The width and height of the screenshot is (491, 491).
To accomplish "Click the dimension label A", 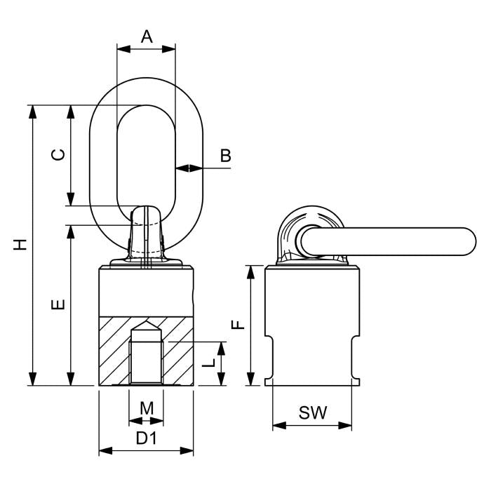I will pos(146,36).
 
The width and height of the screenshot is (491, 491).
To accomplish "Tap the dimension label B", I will pos(224,156).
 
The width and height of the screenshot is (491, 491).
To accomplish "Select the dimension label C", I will pos(60,154).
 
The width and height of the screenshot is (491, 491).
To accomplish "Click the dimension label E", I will pos(60,304).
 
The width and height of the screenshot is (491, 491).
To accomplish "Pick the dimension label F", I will pos(238,325).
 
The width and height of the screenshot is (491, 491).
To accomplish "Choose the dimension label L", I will pos(208,363).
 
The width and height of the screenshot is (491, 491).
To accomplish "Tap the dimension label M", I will pos(146,408).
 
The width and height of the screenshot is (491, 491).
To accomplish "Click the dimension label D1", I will pos(146,439).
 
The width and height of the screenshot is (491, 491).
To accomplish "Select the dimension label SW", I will pos(312,413).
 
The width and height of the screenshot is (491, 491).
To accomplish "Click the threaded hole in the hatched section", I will pos(146,361).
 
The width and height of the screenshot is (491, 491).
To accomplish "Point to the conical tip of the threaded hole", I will pos(146,327).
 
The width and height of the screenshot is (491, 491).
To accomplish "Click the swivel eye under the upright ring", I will pos(146,235).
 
